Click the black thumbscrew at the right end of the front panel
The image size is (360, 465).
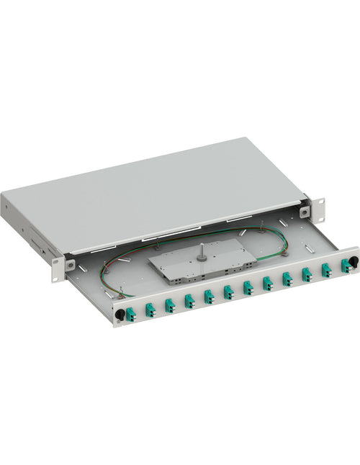[x=354, y=260]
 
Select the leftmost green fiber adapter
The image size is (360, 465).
[x=131, y=314]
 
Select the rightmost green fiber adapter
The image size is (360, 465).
[x=345, y=266]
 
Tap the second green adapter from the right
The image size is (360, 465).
[x=326, y=270]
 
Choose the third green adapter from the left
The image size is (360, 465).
[x=170, y=304]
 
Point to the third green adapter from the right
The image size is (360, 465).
[x=307, y=274]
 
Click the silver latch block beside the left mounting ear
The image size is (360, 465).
[x=71, y=265]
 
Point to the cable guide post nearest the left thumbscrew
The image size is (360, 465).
[x=123, y=292]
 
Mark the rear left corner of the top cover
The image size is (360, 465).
[x=4, y=194]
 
